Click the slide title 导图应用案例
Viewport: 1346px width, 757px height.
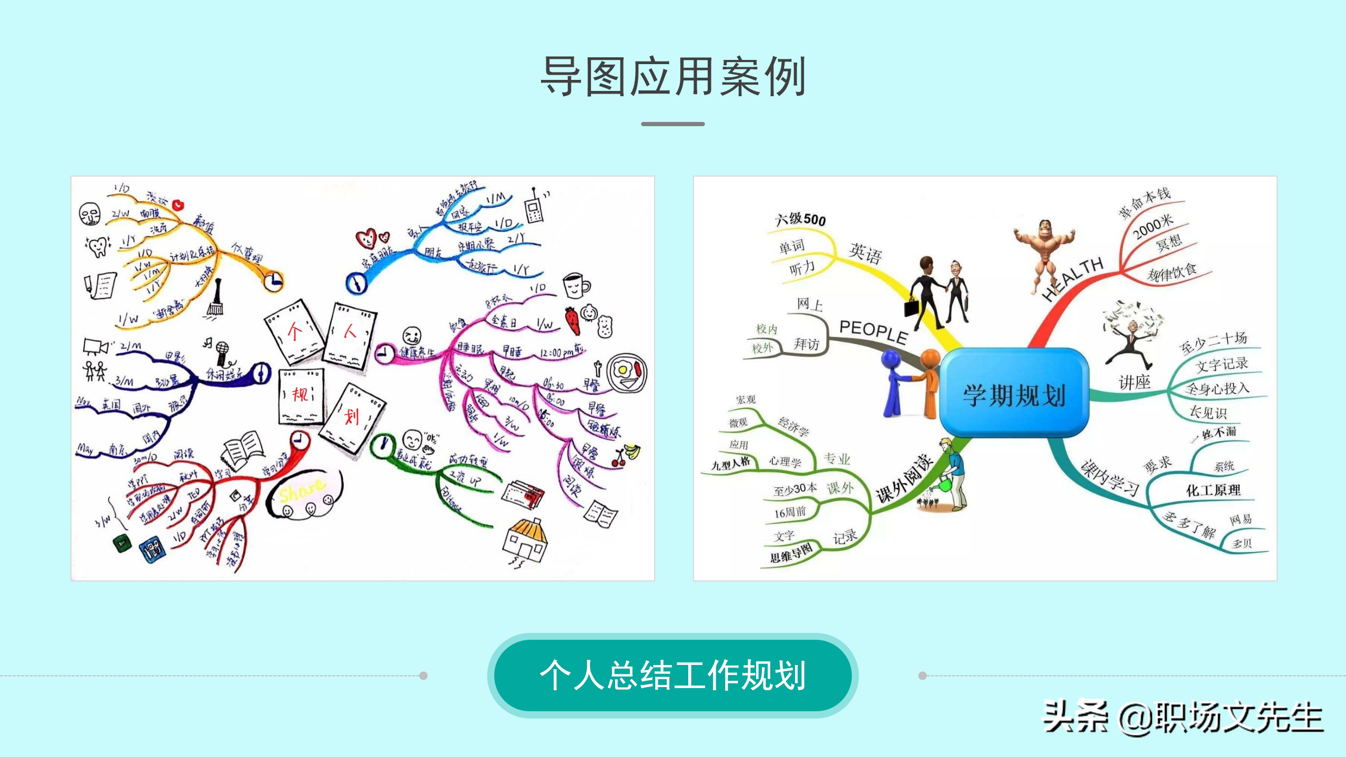673,77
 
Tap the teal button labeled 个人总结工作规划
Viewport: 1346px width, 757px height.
673,675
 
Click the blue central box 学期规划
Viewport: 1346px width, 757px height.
1014,394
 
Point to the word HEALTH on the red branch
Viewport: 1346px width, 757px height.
1073,279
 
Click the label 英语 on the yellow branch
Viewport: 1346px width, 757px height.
865,253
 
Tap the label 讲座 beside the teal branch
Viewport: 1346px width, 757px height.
1135,382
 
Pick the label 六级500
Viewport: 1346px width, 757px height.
800,219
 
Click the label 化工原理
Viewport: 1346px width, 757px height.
1214,490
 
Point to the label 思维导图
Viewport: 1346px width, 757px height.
791,554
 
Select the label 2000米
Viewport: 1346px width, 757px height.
1153,227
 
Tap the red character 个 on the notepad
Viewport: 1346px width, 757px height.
294,332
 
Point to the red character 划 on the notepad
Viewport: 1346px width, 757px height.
352,417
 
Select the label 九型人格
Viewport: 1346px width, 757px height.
731,464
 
